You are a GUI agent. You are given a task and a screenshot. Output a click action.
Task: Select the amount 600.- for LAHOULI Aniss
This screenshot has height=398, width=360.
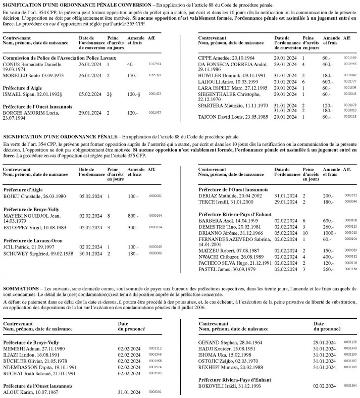coord(329,81)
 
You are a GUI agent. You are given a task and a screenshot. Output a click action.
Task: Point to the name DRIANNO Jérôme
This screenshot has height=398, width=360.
coord(213,233)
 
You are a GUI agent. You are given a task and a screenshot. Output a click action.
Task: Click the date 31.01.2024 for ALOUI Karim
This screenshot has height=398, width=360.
coord(127,391)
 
